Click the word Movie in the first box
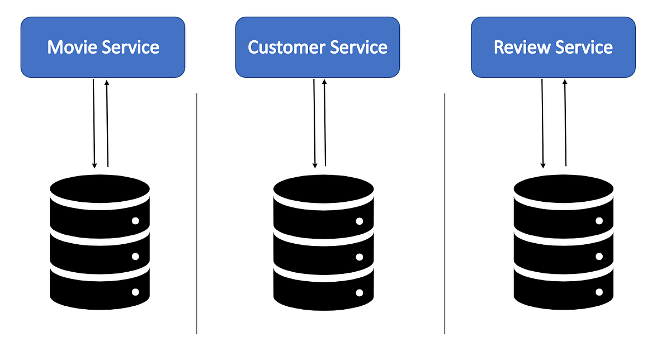[72, 48]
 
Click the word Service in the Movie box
[130, 48]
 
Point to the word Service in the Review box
[584, 48]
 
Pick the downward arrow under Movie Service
[94, 124]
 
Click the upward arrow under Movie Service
[107, 124]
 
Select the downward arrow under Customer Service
[314, 124]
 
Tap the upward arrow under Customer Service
[325, 122]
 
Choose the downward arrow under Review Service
[542, 124]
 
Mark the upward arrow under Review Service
[565, 122]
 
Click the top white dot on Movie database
[135, 221]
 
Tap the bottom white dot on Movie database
[135, 292]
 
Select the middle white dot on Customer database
[360, 257]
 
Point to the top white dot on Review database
[599, 221]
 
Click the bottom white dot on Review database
[599, 292]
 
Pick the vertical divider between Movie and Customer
[196, 214]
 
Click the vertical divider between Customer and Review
[445, 214]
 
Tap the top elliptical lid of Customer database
[324, 189]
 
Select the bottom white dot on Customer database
[360, 292]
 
